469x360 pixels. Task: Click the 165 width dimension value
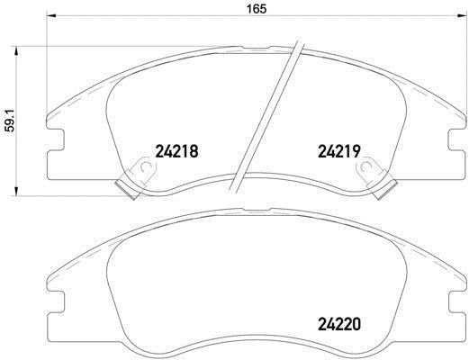click(x=257, y=9)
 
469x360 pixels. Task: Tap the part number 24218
click(x=176, y=151)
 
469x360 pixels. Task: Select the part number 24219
click(x=339, y=151)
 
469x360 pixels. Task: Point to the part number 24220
click(x=339, y=324)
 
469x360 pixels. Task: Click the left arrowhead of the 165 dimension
click(x=51, y=16)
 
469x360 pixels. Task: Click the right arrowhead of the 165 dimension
click(x=458, y=16)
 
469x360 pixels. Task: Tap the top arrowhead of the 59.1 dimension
click(x=16, y=51)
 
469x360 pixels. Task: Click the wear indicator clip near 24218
click(x=137, y=177)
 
